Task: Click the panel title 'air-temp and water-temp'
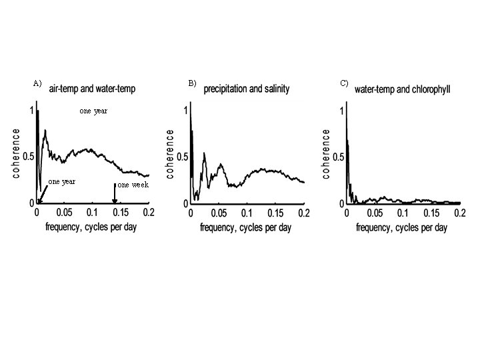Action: coord(92,89)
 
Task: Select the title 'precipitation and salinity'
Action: coord(247,89)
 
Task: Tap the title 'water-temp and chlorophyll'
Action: coord(402,89)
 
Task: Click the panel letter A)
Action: coord(37,83)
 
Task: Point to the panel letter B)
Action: coord(192,83)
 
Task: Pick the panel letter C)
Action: coord(344,83)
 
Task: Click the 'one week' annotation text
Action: coord(133,185)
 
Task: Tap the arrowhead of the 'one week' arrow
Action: coord(115,201)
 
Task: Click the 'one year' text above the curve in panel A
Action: coord(93,111)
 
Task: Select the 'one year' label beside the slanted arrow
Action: coord(61,181)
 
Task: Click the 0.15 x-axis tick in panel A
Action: coord(121,212)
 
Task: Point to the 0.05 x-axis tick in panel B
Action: coord(219,213)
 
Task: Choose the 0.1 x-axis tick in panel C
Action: coord(403,213)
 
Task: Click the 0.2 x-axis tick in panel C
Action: coord(460,213)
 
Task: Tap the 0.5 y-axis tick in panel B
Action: coord(183,157)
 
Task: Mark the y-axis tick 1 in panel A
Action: coord(32,110)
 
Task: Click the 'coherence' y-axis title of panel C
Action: coord(326,154)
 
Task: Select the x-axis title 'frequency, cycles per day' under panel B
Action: coord(246,228)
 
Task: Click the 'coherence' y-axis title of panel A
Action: coord(16,153)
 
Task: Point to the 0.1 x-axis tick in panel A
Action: coord(92,212)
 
